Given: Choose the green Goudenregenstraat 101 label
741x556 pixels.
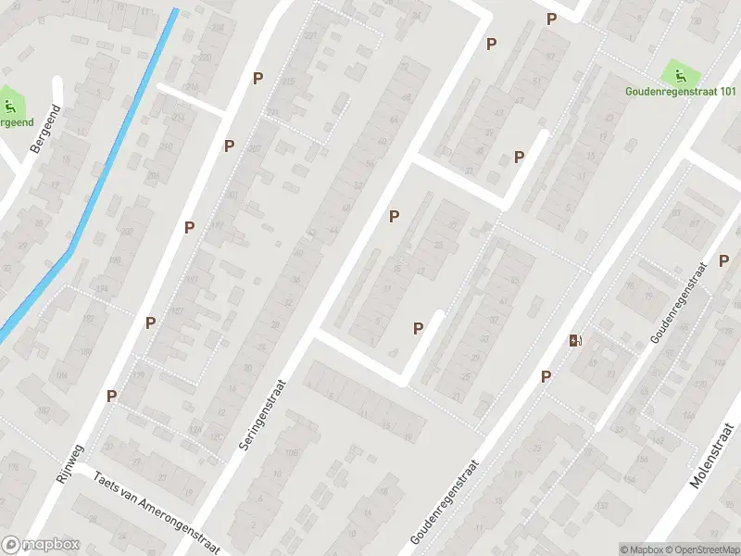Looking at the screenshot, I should tap(680, 91).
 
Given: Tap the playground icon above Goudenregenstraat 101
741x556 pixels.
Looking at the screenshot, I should tap(679, 71).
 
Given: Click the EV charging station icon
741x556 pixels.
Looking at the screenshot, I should tap(576, 341).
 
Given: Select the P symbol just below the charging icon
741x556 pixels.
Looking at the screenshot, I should tap(546, 376).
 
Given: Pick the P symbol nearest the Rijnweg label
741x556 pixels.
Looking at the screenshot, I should tap(112, 396).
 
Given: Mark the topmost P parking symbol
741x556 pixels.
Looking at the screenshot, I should tap(552, 19).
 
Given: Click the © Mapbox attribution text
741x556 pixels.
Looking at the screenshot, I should tap(643, 549).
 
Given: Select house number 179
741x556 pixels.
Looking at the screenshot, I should tap(140, 375).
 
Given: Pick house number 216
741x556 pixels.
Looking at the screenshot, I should tap(193, 86).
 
